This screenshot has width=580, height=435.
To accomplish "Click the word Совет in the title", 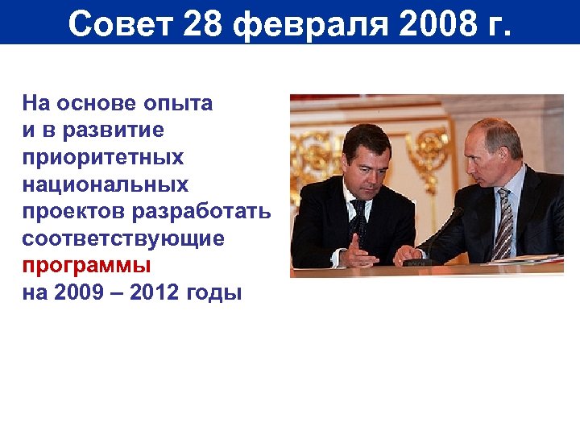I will [120, 23].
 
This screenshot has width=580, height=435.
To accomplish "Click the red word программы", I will [86, 266].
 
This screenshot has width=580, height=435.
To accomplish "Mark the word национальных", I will [106, 184].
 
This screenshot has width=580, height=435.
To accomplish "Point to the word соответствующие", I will [123, 239].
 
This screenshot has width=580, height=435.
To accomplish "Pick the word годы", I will [214, 293].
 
